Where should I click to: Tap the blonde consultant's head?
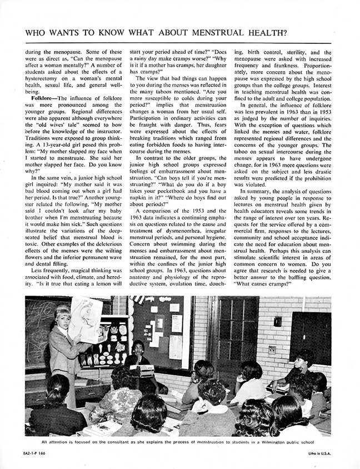tap(63, 313)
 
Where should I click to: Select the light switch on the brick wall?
tap(277, 321)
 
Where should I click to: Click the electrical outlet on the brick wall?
tap(272, 350)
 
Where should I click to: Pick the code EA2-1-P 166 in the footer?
tap(39, 454)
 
